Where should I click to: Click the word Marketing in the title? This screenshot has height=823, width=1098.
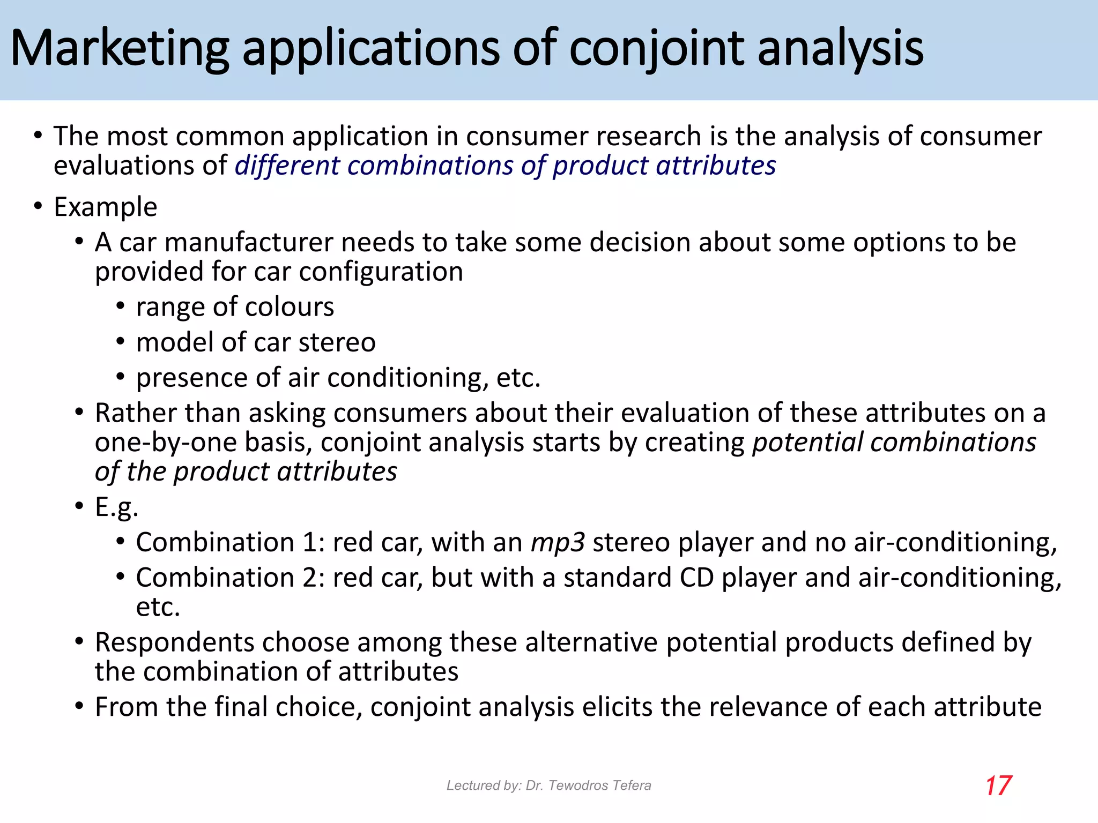pyautogui.click(x=120, y=49)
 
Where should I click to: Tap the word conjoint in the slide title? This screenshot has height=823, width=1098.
pyautogui.click(x=656, y=49)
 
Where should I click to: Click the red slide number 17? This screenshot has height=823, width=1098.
pyautogui.click(x=998, y=786)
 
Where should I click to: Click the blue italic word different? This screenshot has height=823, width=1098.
pyautogui.click(x=287, y=166)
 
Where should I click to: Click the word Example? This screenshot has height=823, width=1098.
pyautogui.click(x=105, y=207)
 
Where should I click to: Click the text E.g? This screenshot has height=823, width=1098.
pyautogui.click(x=116, y=507)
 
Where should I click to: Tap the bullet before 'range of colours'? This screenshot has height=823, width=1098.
pyautogui.click(x=121, y=307)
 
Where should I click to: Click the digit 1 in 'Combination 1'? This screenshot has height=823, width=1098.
pyautogui.click(x=310, y=542)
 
